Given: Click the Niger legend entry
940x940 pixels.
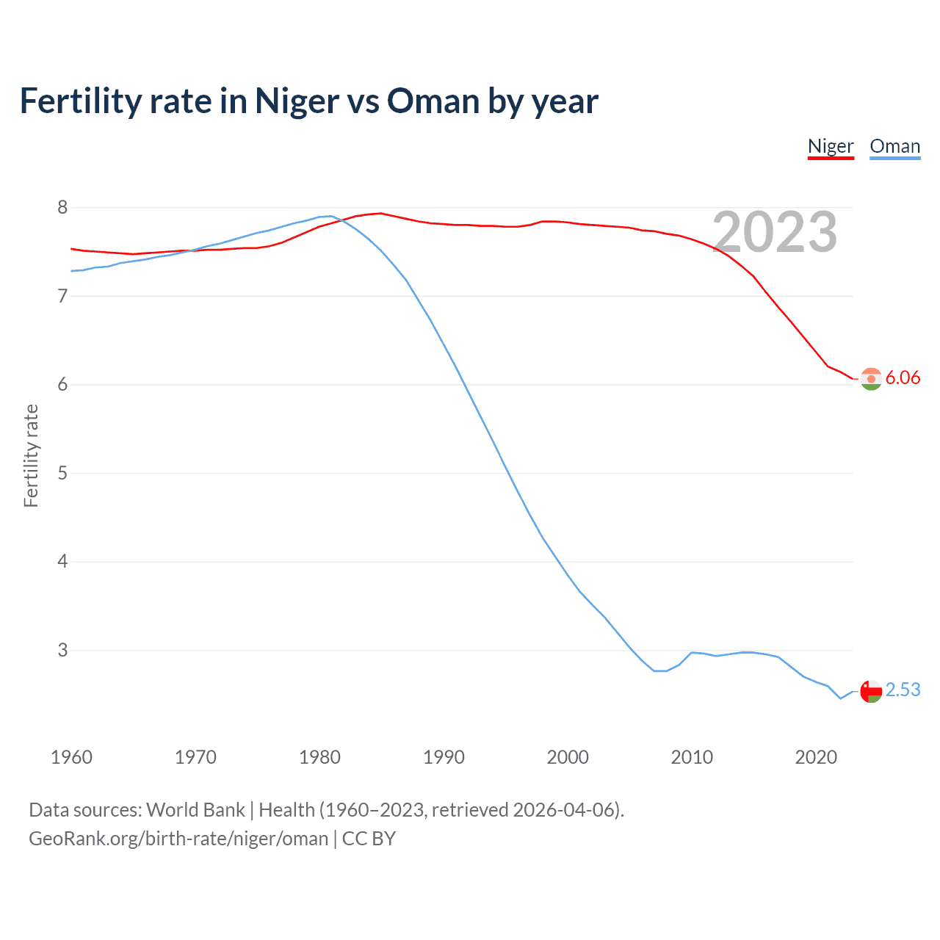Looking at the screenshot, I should point(831,146).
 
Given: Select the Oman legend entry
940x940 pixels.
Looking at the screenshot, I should point(894,146).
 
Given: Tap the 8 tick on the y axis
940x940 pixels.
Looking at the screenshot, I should point(62,208).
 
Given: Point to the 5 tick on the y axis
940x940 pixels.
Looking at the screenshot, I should point(62,474).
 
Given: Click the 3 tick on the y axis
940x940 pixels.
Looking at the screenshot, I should point(62,651).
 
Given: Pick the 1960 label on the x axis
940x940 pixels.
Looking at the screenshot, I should point(71,757).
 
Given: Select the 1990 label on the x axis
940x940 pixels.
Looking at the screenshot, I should point(444,757).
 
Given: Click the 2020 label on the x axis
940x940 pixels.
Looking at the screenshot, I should point(816,757).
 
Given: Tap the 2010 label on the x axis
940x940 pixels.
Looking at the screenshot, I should point(692,757).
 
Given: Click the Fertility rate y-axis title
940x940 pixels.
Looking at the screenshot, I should point(31,455).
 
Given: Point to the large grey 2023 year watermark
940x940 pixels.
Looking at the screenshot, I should point(775,233).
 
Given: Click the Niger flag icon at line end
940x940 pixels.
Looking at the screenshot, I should point(871,379).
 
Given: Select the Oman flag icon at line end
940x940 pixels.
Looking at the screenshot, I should point(871,691).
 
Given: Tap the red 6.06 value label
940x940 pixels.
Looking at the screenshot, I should point(903,378).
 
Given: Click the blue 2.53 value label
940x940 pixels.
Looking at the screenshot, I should point(903,690).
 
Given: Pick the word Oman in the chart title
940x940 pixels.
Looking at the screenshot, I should point(433,101).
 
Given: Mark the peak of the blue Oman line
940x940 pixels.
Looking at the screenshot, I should point(330,216).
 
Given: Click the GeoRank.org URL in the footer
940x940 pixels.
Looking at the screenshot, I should point(178,839).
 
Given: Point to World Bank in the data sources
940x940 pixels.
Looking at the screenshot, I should point(195,810).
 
